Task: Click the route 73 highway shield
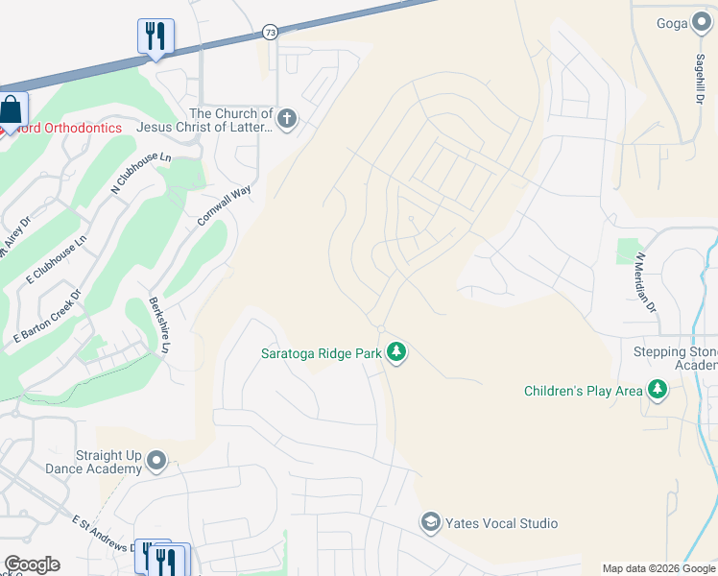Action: coord(271,33)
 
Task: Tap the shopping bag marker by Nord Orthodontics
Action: coord(12,109)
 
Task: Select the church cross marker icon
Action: coord(286,120)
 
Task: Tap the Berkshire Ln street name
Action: coord(158,325)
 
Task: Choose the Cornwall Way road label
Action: coord(224,205)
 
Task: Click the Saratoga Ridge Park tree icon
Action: coord(395,353)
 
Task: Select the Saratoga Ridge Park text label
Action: coord(322,353)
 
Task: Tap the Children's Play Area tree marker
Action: coord(658,390)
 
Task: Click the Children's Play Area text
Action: coord(583,391)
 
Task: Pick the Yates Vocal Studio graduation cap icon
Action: coord(431,523)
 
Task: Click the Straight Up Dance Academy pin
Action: coord(156,463)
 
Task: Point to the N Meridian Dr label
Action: coord(644,282)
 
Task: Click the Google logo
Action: coord(32,564)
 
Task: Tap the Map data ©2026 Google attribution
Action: coord(658,568)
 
